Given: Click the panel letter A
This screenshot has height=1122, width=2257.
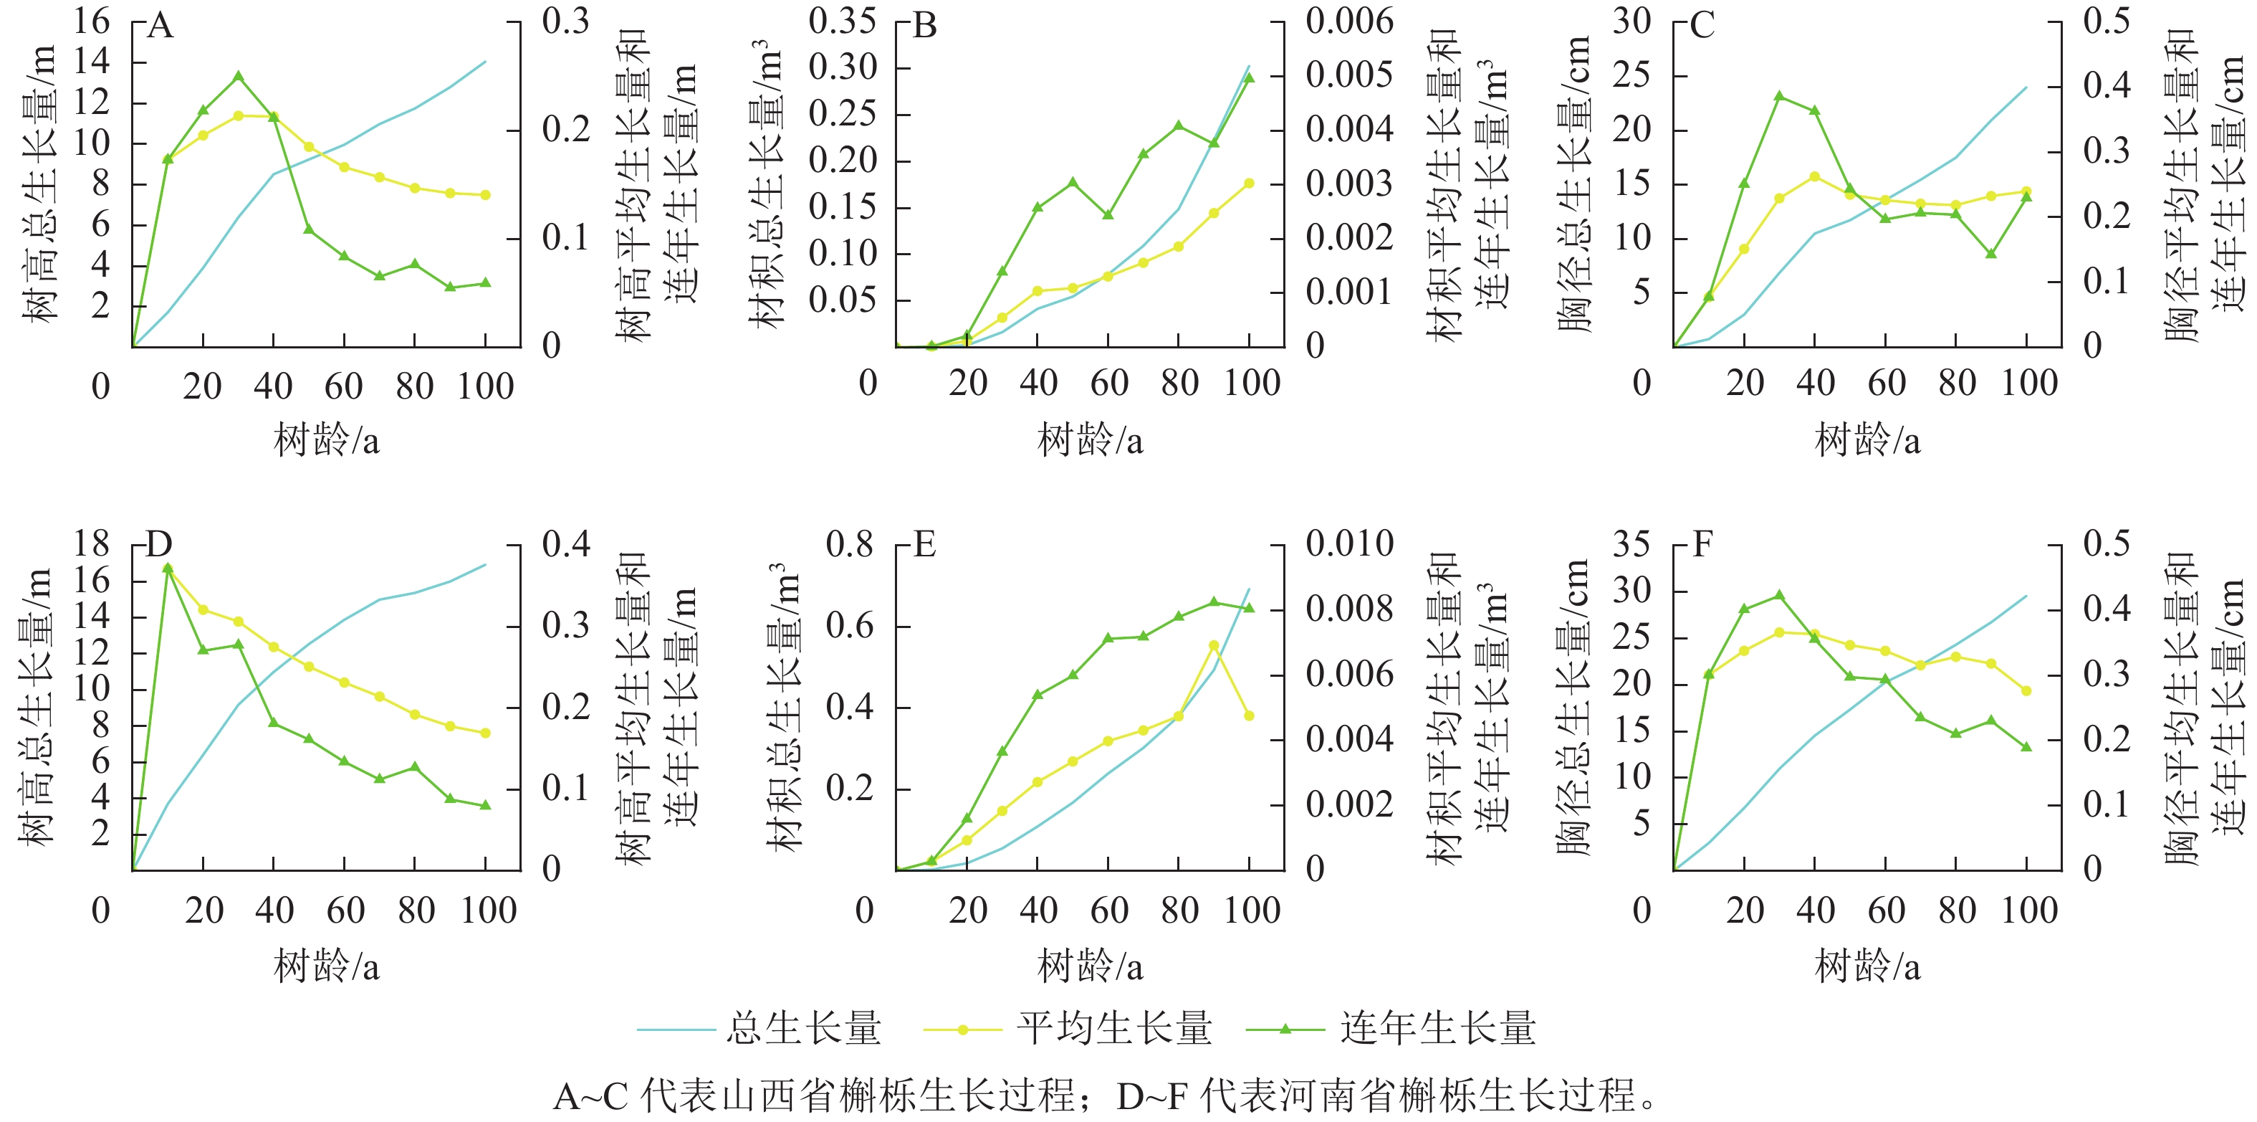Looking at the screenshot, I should [x=160, y=27].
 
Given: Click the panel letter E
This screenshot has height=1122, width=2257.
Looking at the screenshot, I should [x=924, y=545].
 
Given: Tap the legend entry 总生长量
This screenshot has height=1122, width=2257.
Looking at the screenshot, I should [x=802, y=1028].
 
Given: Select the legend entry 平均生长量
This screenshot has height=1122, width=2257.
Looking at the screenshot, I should [x=1113, y=1028].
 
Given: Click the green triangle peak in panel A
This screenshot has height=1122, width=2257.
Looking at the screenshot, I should [x=239, y=76].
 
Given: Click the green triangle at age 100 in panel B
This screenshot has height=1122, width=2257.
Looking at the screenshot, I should [x=1250, y=77].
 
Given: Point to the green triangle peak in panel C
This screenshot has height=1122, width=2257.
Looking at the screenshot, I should [x=1778, y=95].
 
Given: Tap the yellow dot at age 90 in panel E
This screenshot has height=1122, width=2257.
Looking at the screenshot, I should [x=1214, y=645].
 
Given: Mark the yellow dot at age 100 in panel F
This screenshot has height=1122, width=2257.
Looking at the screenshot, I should [x=2026, y=690].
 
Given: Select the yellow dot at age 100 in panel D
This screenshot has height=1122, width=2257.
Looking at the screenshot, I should [x=485, y=733].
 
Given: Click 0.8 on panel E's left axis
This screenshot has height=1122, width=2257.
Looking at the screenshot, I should [x=849, y=544].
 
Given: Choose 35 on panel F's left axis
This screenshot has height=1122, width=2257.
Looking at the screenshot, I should [x=1631, y=544].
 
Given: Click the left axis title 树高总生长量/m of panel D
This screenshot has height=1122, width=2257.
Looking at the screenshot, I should [x=37, y=705].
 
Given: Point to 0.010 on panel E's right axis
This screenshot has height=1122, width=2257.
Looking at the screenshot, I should [x=1349, y=544].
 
